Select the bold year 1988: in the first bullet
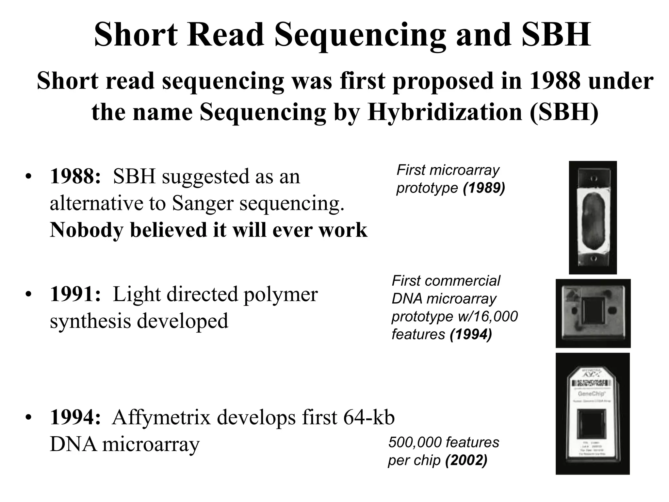pos(75,176)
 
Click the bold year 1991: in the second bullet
pos(75,294)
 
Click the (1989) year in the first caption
pos(484,188)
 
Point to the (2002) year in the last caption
pos(466,460)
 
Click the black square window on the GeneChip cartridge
pos(593,425)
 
